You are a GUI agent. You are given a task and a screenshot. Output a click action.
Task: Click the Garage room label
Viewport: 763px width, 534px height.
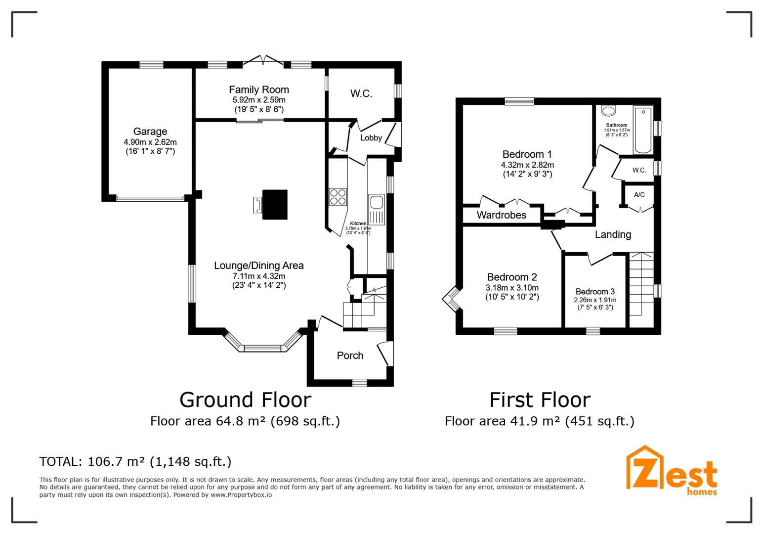tap(150, 132)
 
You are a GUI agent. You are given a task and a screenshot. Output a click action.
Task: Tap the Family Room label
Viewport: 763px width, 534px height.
tap(258, 89)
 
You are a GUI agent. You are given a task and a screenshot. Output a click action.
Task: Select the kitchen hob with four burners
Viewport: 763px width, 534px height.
tap(338, 196)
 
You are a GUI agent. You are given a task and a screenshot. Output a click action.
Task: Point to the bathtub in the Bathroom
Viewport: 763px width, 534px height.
tap(642, 130)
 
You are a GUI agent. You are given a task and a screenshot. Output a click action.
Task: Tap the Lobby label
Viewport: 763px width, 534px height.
tap(371, 138)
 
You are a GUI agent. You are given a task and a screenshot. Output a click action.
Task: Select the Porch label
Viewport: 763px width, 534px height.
tap(350, 356)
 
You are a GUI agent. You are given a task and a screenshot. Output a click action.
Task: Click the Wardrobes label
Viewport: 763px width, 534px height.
tap(501, 215)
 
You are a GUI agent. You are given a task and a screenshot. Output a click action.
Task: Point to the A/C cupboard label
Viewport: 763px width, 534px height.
tap(639, 195)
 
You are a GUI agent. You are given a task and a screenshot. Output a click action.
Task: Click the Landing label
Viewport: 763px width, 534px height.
tap(613, 234)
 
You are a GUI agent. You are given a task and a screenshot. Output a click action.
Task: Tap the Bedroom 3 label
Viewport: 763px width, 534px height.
tap(595, 292)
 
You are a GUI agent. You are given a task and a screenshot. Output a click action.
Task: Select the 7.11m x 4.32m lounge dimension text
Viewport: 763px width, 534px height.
tap(258, 276)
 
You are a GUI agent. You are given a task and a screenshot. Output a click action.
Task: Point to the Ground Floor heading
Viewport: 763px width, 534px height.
tap(245, 400)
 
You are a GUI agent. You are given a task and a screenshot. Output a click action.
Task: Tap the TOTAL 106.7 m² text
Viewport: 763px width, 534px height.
tap(135, 461)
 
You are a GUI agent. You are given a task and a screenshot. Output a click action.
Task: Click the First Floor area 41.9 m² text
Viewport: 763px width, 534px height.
tap(539, 421)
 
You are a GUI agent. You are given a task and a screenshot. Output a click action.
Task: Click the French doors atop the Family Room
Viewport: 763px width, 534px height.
tap(263, 60)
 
